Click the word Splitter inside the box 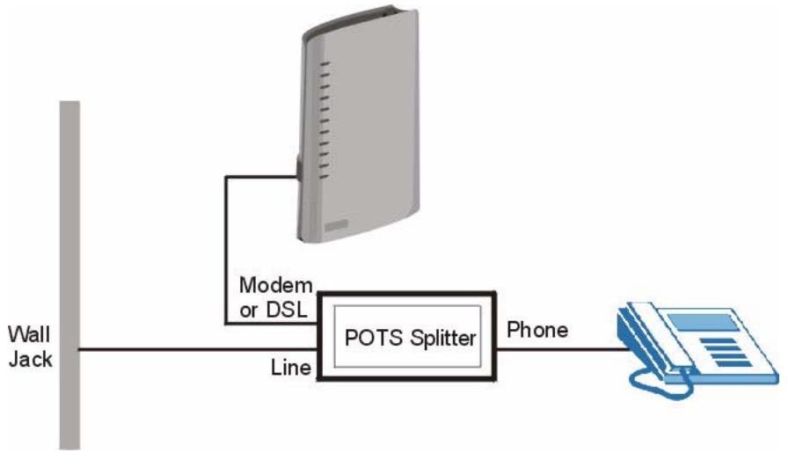(438, 338)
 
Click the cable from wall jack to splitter (193, 349)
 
